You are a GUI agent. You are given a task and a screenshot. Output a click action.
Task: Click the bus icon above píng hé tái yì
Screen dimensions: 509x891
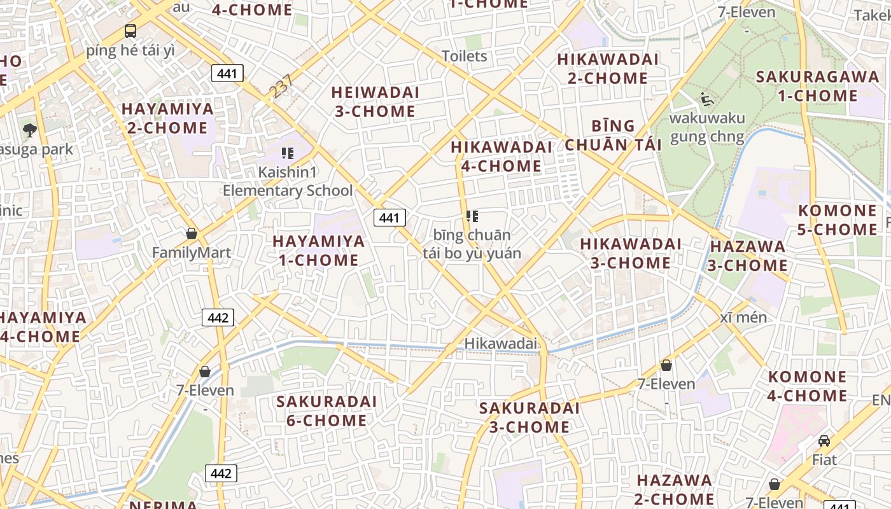tap(130, 31)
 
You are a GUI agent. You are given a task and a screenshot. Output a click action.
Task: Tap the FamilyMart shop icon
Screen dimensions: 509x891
tap(192, 234)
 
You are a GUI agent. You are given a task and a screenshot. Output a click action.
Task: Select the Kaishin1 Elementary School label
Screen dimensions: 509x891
tap(287, 181)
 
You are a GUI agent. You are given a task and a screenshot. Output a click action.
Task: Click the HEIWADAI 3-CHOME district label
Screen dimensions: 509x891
tap(375, 102)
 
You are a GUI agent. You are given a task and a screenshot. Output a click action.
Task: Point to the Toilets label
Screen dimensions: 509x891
tap(465, 56)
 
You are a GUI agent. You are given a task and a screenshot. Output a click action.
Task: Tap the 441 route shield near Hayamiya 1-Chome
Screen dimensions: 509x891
tap(389, 218)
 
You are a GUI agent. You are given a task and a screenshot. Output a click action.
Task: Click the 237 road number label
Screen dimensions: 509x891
tap(281, 87)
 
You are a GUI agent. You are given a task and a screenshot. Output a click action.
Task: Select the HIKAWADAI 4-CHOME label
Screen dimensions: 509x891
tap(501, 157)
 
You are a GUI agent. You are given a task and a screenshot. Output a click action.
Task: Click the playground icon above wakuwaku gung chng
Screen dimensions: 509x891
tap(706, 99)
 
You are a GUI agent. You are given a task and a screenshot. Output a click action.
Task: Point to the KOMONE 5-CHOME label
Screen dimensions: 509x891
tap(837, 220)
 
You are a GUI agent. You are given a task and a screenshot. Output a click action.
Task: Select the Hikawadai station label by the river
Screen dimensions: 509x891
tap(500, 344)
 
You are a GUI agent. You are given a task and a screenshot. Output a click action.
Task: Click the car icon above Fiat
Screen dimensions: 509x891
tap(824, 440)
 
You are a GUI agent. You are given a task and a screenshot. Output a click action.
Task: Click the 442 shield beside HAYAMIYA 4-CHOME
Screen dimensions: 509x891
tap(218, 317)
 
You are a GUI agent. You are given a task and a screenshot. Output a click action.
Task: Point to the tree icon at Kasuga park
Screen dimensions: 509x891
tap(29, 131)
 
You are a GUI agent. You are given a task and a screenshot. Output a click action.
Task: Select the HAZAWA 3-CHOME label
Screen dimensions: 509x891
tap(747, 256)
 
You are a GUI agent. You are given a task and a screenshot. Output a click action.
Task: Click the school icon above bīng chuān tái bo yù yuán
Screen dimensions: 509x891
tap(472, 216)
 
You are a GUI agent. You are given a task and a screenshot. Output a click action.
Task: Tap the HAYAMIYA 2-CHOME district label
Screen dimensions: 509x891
tap(167, 118)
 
